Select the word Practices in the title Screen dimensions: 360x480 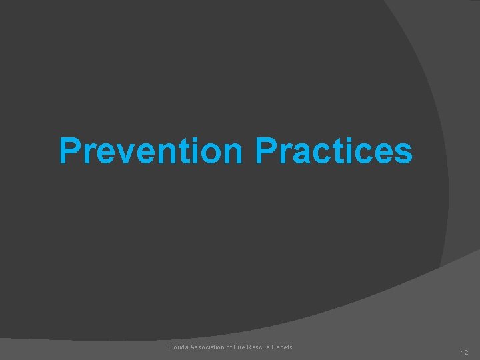pyautogui.click(x=334, y=151)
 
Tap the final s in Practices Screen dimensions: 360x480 pyautogui.click(x=403, y=153)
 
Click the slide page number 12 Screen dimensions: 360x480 pyautogui.click(x=465, y=351)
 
